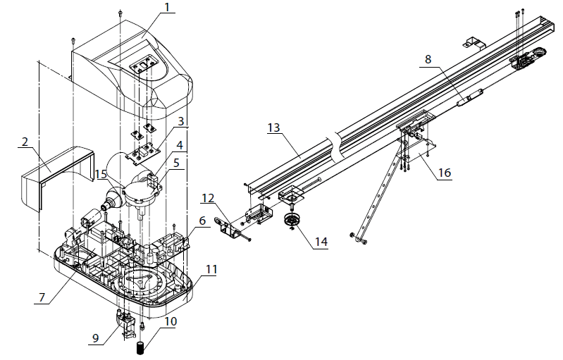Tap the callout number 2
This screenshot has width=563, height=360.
click(x=25, y=142)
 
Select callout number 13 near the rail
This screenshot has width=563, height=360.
click(x=274, y=128)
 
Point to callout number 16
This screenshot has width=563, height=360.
click(x=445, y=173)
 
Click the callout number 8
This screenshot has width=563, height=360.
click(x=428, y=59)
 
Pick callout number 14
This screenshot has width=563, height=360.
click(x=321, y=242)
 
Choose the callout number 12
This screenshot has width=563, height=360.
click(x=208, y=198)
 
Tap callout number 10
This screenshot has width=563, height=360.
click(x=171, y=321)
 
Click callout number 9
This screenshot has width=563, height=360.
click(x=95, y=338)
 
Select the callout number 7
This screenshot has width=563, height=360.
click(x=42, y=297)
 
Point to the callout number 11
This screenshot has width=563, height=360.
click(x=211, y=269)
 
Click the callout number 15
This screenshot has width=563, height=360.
click(x=101, y=175)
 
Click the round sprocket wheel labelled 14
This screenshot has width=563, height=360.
click(x=292, y=220)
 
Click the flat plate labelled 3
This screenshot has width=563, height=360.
click(x=142, y=153)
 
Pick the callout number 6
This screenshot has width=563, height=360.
click(x=202, y=221)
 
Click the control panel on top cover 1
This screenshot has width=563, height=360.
click(x=144, y=66)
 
